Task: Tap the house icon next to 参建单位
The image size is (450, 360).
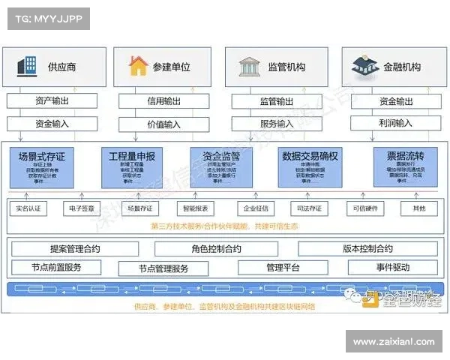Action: [x=138, y=66]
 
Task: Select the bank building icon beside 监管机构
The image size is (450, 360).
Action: [x=248, y=67]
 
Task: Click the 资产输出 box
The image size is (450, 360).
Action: [x=50, y=101]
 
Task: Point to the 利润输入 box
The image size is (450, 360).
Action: [x=394, y=123]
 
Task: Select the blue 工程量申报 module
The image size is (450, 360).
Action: [x=132, y=166]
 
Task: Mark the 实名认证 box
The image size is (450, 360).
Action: [x=29, y=208]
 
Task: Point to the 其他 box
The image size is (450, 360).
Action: [x=418, y=208]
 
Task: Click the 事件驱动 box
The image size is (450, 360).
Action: [x=388, y=267]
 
